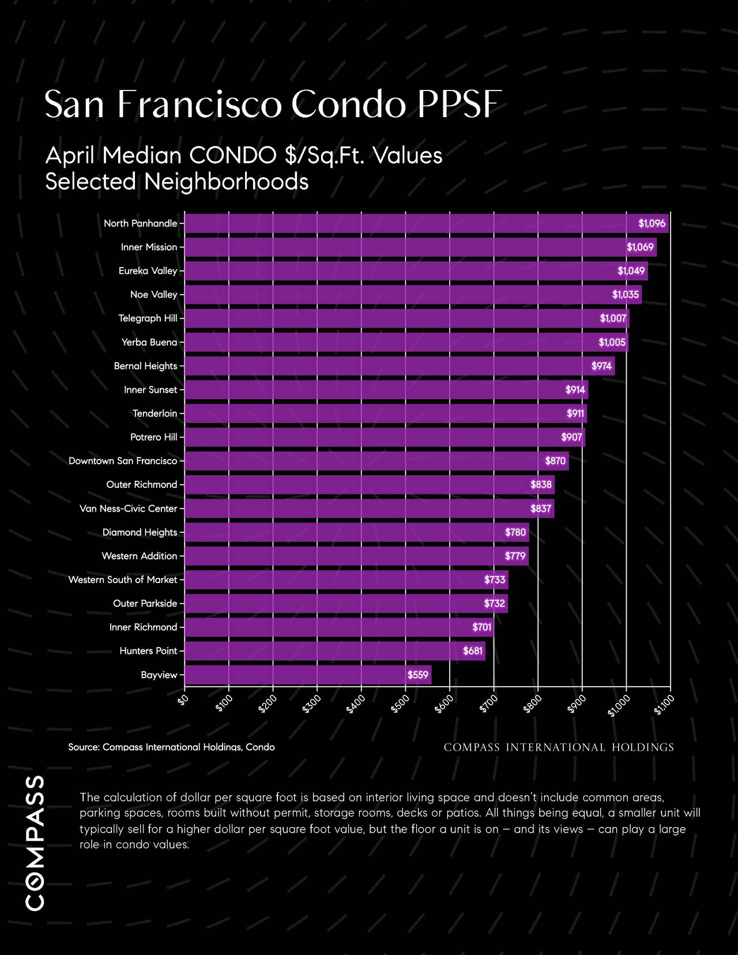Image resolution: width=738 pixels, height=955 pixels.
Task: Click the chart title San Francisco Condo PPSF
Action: pyautogui.click(x=273, y=104)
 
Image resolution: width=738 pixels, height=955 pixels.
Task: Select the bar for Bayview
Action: pyautogui.click(x=308, y=675)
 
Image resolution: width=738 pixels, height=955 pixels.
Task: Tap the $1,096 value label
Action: pyautogui.click(x=652, y=223)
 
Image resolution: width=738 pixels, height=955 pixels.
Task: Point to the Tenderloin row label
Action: pyautogui.click(x=155, y=413)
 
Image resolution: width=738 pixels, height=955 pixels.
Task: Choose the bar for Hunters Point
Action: pyautogui.click(x=335, y=651)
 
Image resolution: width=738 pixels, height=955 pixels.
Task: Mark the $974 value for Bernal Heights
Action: pyautogui.click(x=601, y=366)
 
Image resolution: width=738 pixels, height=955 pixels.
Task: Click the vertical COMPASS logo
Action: pyautogui.click(x=35, y=843)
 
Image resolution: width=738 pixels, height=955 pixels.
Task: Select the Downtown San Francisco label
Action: pyautogui.click(x=123, y=461)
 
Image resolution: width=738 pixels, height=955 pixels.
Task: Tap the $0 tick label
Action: pyautogui.click(x=183, y=700)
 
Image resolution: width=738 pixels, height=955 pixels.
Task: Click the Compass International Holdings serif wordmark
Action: pyautogui.click(x=559, y=747)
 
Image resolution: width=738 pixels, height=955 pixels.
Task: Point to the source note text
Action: pyautogui.click(x=171, y=747)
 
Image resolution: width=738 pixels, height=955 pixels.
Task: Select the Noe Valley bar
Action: pyautogui.click(x=413, y=295)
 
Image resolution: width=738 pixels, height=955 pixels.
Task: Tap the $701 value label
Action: pyautogui.click(x=482, y=627)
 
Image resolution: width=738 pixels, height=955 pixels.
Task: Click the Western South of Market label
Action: pyautogui.click(x=123, y=580)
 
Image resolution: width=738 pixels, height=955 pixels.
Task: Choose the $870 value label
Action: pyautogui.click(x=555, y=461)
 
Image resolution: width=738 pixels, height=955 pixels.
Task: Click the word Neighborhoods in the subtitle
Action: pyautogui.click(x=226, y=182)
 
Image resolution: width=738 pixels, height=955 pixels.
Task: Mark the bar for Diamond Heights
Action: pyautogui.click(x=357, y=532)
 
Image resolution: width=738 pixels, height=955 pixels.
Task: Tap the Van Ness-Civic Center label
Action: pyautogui.click(x=128, y=509)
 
